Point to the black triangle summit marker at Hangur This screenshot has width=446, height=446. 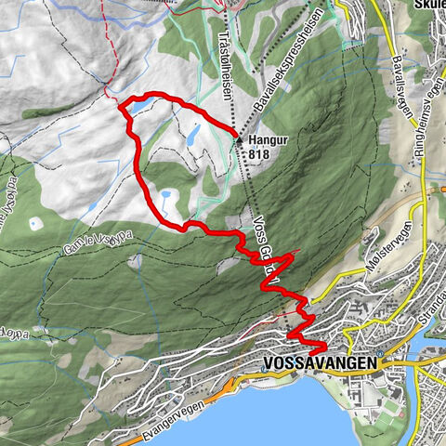click(239, 139)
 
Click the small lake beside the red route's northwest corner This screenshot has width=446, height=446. click(137, 109)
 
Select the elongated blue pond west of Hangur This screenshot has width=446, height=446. click(195, 134)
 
